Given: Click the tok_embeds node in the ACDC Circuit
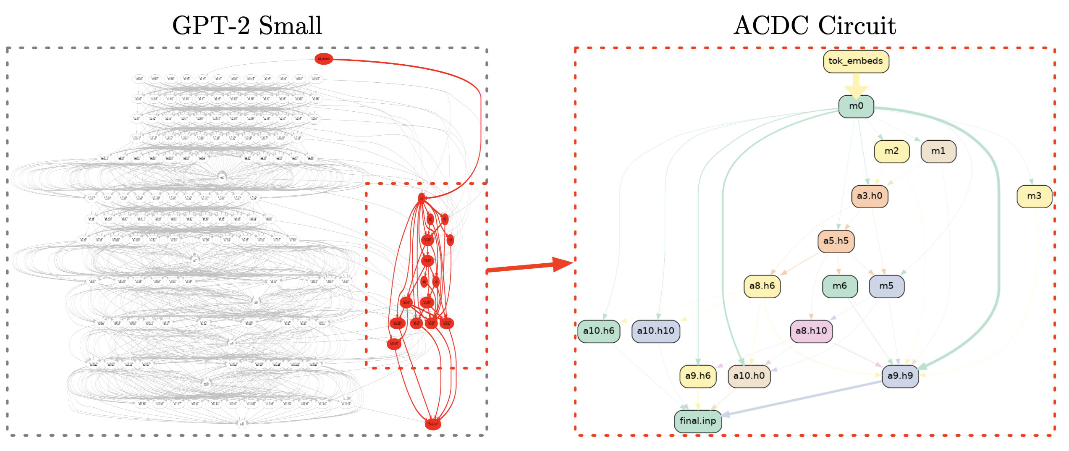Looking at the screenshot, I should tap(856, 61).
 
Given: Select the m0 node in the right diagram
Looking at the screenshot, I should tap(856, 106).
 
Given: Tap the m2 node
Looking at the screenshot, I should tap(891, 151).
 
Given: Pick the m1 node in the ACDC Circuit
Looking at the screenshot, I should tap(938, 151).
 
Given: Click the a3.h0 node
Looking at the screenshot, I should tap(870, 196).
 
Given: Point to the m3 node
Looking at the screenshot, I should tap(1034, 196).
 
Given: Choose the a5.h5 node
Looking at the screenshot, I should tap(836, 241).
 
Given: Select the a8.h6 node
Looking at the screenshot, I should tap(762, 286).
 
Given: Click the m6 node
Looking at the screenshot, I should tap(839, 286).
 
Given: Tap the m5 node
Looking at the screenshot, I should tap(886, 286).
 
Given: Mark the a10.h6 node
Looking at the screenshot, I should tap(598, 331).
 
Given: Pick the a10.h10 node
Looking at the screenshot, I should tap(655, 331).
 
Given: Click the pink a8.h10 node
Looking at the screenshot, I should tap(811, 331).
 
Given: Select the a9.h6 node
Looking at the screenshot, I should tap(697, 376).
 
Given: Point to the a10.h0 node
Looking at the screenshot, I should tap(749, 376).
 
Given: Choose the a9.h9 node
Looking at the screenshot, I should tap(900, 376).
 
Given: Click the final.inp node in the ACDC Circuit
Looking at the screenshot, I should tap(697, 421).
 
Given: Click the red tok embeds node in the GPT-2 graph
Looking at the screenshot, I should tap(323, 59).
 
